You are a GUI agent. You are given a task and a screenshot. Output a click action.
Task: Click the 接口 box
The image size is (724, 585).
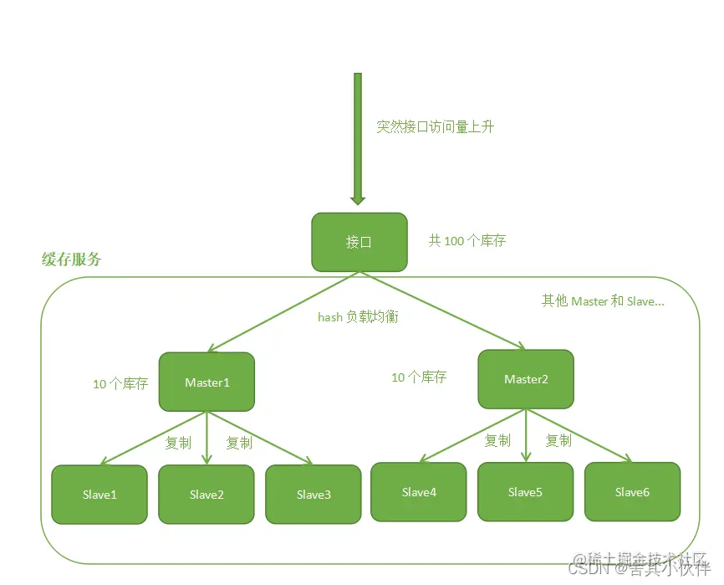click(359, 242)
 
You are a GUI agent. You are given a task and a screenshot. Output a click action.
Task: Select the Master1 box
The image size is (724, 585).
click(206, 382)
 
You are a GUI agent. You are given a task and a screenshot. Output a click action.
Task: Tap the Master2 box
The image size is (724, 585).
click(526, 379)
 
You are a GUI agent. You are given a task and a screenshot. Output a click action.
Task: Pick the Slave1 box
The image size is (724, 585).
click(99, 495)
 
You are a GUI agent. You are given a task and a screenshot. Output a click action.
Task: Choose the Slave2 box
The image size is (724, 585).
click(206, 495)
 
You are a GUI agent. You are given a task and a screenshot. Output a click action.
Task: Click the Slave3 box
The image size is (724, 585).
click(314, 495)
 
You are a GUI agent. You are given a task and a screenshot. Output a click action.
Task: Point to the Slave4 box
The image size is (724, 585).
click(419, 492)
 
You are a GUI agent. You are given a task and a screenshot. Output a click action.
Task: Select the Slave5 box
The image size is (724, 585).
click(525, 492)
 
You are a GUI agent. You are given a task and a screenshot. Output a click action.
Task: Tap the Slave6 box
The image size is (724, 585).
click(632, 492)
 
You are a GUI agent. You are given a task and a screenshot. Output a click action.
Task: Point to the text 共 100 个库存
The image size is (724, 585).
click(467, 241)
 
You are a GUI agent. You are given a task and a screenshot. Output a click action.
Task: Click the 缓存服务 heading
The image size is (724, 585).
click(72, 259)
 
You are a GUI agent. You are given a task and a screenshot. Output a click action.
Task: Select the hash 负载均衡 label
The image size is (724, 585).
click(358, 317)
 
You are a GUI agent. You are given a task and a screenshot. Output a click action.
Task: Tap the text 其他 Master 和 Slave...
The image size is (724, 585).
click(602, 300)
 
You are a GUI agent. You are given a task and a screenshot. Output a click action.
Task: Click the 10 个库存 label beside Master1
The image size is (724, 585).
click(120, 384)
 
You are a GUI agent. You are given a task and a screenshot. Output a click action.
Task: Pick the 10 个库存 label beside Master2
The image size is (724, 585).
click(419, 377)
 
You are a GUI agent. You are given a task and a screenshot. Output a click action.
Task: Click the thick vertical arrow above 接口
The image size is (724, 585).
click(358, 138)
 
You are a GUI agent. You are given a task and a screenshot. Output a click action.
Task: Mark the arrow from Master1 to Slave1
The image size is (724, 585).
click(155, 438)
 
